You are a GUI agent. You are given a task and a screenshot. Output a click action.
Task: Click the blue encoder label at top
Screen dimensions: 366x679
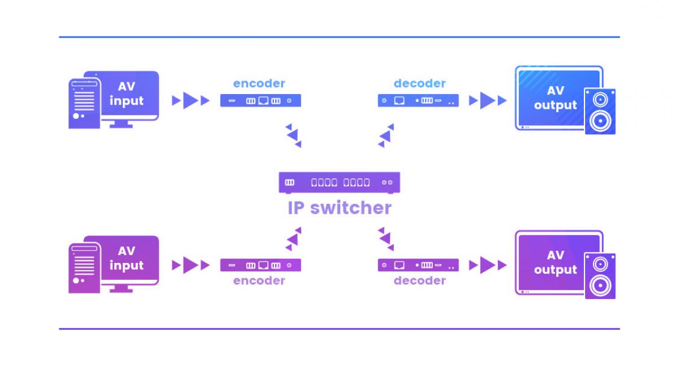tap(259, 83)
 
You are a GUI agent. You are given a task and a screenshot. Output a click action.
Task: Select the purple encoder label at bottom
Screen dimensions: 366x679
tap(259, 280)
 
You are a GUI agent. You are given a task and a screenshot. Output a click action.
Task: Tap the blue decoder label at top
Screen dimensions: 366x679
tap(420, 83)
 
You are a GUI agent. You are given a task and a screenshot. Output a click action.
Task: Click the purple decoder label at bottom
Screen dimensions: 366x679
tap(420, 280)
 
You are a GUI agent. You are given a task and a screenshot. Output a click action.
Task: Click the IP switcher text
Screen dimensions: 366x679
tap(339, 208)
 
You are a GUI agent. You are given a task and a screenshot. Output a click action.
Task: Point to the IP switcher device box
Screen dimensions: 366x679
tap(339, 182)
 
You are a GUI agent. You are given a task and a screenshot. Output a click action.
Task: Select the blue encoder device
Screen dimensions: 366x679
tap(260, 101)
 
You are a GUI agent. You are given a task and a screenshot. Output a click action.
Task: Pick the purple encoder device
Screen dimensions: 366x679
tap(260, 265)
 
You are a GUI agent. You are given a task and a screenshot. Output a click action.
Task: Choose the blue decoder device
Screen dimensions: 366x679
tap(418, 101)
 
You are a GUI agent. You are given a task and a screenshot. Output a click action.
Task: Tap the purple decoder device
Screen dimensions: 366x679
tap(418, 265)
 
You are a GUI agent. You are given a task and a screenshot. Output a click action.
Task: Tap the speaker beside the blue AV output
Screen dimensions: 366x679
tap(600, 111)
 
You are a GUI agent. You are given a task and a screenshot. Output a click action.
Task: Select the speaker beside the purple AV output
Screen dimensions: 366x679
tap(600, 275)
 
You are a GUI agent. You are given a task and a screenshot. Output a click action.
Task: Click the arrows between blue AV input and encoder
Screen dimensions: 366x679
tap(191, 101)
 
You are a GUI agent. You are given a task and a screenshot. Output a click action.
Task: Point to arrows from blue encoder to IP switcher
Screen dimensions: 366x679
tap(293, 135)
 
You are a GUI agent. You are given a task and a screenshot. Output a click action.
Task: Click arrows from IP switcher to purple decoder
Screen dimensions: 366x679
tap(386, 239)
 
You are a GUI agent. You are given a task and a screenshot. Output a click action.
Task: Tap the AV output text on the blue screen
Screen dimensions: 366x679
tap(555, 98)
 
